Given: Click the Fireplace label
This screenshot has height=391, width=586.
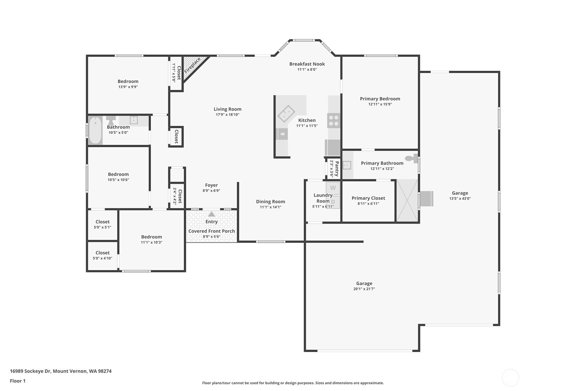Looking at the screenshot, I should (x=192, y=65).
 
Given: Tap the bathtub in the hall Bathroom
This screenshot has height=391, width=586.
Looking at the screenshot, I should (x=95, y=130).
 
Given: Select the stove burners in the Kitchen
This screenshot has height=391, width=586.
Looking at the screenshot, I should (x=334, y=120).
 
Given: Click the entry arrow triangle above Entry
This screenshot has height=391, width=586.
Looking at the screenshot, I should (x=211, y=214).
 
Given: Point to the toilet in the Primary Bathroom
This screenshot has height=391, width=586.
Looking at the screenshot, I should (x=411, y=158).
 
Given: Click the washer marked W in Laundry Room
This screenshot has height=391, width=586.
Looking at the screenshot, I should (x=333, y=188).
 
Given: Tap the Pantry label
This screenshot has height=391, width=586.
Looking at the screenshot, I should (x=337, y=168).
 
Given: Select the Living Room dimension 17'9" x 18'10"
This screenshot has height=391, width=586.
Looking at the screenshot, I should (x=227, y=114).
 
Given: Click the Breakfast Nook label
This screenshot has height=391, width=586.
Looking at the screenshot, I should (x=307, y=64).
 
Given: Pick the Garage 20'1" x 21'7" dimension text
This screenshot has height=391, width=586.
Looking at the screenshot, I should (x=364, y=289).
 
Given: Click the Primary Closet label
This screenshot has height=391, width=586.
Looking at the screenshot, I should (x=368, y=198).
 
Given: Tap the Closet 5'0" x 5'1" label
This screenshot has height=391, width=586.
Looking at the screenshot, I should (x=103, y=222).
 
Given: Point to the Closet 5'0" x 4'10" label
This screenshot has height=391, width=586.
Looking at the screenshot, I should (x=103, y=253).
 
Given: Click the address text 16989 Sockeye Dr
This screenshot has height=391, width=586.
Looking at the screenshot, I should (x=30, y=371).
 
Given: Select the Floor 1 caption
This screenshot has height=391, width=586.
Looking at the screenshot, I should (x=18, y=381).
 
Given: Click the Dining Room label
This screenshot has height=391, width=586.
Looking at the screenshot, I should (x=270, y=202).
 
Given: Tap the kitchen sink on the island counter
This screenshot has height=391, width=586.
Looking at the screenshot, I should (x=286, y=113).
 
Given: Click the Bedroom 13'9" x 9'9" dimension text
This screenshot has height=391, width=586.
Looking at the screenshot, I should (x=128, y=87).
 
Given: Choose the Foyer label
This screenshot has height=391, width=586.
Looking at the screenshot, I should (x=211, y=185).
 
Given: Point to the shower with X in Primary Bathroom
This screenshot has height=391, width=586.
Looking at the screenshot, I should (x=407, y=200).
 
